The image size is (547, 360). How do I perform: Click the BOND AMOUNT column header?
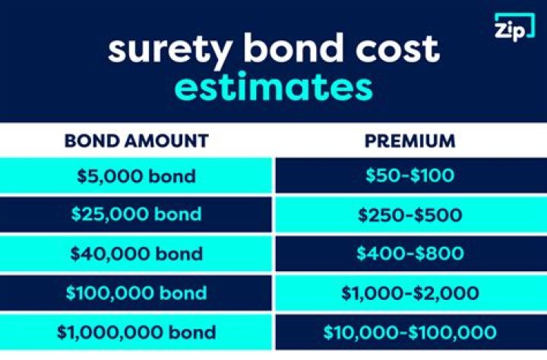tap(137, 141)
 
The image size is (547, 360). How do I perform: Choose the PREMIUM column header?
tap(409, 141)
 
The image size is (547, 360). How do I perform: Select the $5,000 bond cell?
tap(137, 176)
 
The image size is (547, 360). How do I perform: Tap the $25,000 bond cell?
tap(137, 215)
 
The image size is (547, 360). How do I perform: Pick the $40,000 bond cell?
tap(137, 254)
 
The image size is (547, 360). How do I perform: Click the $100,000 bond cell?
tap(137, 292)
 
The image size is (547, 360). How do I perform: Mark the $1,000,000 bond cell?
tap(137, 332)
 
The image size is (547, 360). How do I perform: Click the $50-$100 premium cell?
tap(409, 176)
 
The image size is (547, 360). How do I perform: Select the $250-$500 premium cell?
tap(409, 215)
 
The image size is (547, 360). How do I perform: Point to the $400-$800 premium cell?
tap(409, 254)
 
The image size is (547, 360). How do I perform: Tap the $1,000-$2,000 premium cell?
tap(409, 292)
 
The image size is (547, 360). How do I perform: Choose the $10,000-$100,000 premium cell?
tap(409, 332)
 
